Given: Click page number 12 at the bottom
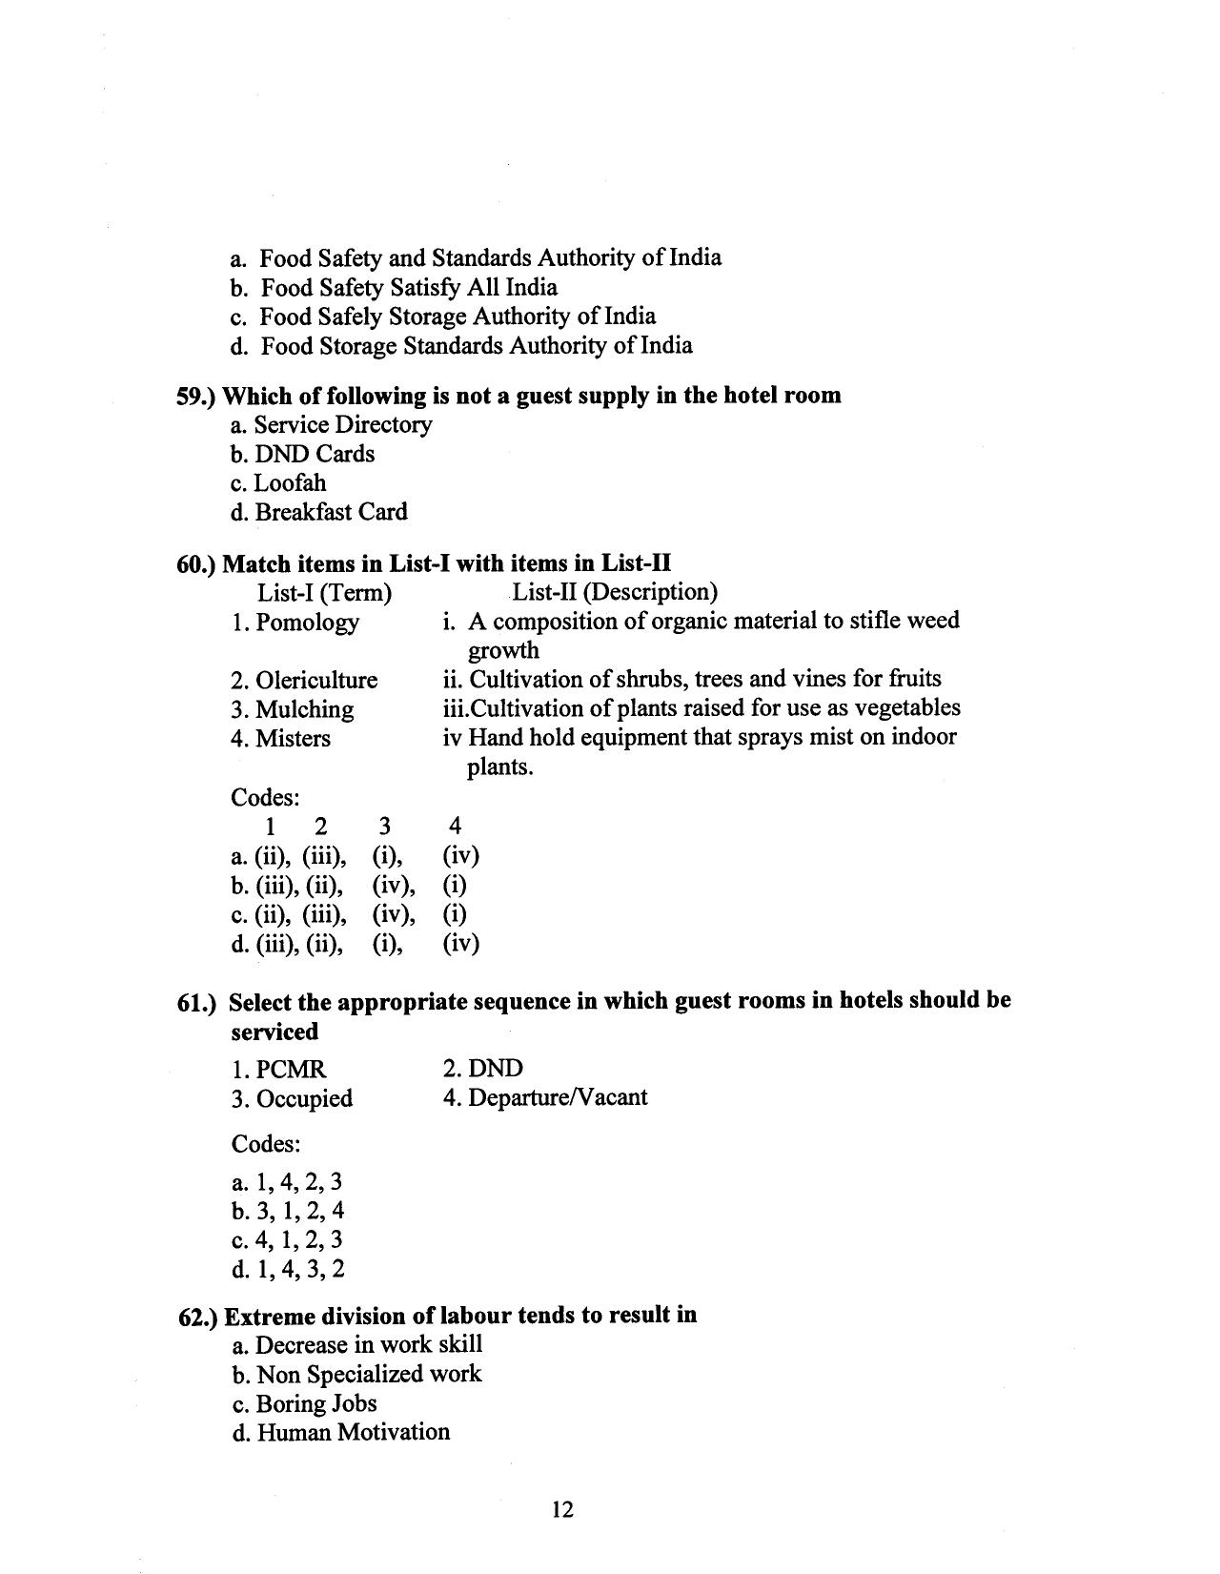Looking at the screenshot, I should (561, 1509).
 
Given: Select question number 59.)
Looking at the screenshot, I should (197, 396).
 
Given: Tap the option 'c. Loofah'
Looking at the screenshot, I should (278, 483).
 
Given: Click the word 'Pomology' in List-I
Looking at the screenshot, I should (307, 623).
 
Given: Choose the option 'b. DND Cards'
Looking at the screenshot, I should (302, 454).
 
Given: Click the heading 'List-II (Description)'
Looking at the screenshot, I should (615, 592).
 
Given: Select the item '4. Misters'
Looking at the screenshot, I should (280, 739).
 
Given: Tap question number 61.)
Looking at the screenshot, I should (197, 1003).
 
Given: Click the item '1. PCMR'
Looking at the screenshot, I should (278, 1070).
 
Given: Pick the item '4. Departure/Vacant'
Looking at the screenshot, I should (545, 1097).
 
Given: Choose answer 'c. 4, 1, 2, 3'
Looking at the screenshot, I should (287, 1240).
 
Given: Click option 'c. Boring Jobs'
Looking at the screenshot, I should (304, 1403).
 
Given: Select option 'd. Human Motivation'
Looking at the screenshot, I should (340, 1432).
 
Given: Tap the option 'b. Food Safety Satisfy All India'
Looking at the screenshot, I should (395, 287).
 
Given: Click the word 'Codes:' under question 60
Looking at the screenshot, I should (265, 796).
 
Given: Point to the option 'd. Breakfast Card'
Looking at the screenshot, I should (318, 512).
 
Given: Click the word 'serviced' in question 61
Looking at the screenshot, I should (274, 1032).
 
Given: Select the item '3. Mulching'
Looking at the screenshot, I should (292, 709).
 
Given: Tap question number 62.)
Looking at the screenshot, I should (198, 1317).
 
